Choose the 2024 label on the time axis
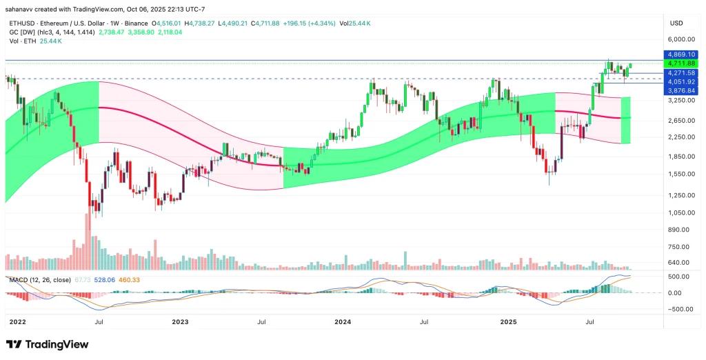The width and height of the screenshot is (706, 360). (343, 321)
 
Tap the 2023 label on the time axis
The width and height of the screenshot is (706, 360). (180, 321)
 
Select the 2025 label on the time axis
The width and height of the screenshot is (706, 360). (508, 321)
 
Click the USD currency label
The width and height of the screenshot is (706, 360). (676, 23)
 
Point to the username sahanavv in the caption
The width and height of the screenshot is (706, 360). (21, 8)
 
